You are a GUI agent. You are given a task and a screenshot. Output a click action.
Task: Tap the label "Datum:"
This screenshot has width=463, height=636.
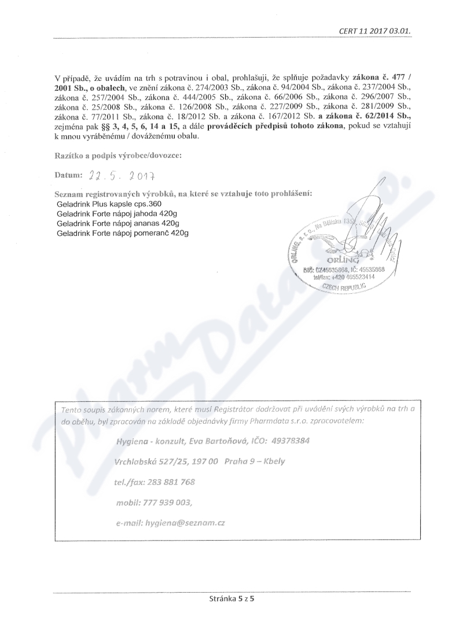coord(69,175)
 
